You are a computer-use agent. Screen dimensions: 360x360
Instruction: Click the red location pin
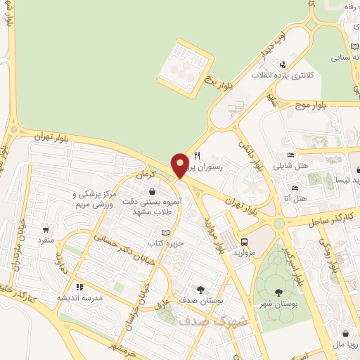point(181,165)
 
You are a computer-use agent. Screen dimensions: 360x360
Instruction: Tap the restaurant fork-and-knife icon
point(198,156)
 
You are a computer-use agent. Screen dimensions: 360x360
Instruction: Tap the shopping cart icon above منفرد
point(46,229)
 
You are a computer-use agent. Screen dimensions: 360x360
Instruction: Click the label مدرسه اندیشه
point(79,297)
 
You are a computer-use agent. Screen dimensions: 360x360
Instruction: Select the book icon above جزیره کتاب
point(165,233)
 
